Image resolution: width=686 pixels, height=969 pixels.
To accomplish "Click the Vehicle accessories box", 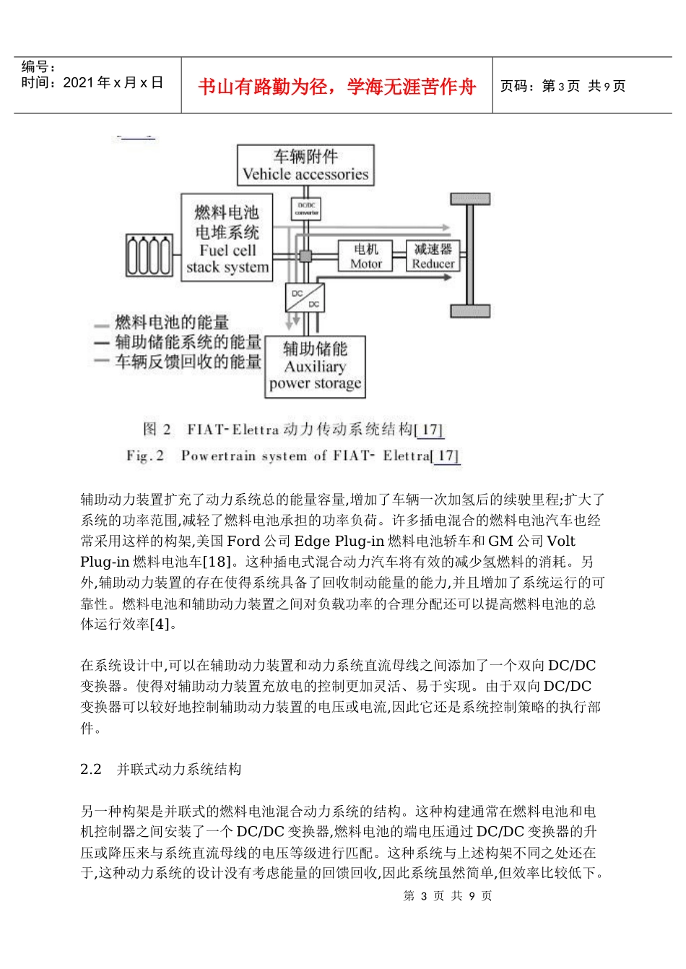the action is [x=305, y=165].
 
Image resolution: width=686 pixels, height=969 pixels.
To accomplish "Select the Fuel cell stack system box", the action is [x=227, y=238].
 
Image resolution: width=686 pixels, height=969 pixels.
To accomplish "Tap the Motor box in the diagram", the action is [x=365, y=256].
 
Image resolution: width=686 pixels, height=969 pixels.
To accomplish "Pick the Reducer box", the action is [x=433, y=256].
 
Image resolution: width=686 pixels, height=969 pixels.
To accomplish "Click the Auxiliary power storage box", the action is [x=315, y=367].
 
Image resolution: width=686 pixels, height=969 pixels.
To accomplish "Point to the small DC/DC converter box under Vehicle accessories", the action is [x=306, y=209].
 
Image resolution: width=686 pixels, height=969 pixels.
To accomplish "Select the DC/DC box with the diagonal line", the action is [x=305, y=298].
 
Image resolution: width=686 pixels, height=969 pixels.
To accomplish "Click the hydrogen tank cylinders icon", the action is [x=149, y=256].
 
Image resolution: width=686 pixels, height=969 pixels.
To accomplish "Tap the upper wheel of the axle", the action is [x=470, y=199].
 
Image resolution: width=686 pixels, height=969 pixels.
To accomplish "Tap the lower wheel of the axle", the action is [x=470, y=311].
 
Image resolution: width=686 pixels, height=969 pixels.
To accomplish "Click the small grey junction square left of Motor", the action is [x=305, y=256].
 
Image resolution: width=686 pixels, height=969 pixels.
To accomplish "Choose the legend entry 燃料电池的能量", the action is [x=171, y=323].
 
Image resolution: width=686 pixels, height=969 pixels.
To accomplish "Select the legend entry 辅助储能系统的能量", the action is [x=187, y=342].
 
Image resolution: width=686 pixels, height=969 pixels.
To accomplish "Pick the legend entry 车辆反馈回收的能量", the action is [x=187, y=362].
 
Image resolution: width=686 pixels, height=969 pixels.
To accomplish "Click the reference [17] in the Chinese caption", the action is [x=429, y=430].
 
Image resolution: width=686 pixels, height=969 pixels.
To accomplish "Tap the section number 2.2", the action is [x=91, y=770].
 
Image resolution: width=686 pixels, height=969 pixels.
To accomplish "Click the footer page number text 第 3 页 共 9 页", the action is [x=448, y=896].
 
